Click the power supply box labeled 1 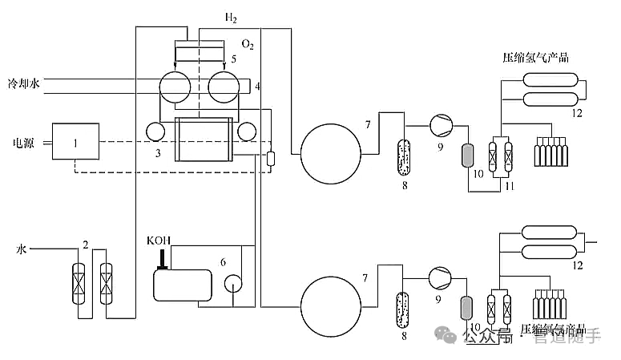coord(75,142)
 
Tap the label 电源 coord(24,143)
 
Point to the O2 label coord(248,46)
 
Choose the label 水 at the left coord(22,250)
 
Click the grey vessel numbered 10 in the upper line coord(469,153)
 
